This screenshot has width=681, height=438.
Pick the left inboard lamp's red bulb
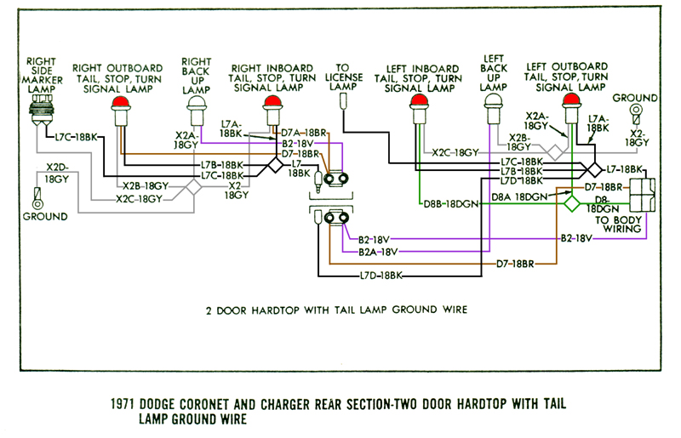coord(418,103)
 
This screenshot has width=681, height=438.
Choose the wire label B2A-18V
coord(377,252)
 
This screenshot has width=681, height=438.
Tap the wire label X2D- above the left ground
coord(57,168)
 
